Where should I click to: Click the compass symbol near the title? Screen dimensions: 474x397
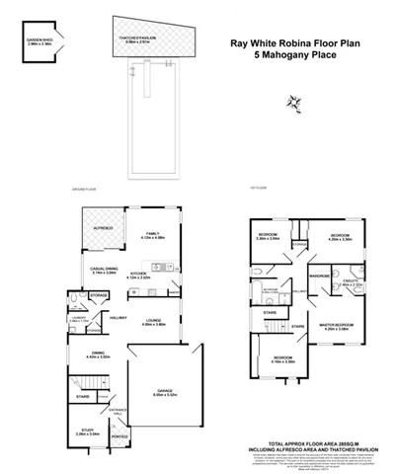[293, 102]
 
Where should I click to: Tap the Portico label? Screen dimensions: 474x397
[120, 436]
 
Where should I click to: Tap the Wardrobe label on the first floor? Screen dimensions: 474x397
[319, 276]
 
